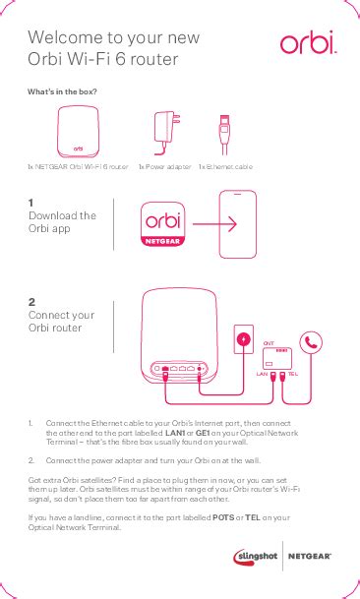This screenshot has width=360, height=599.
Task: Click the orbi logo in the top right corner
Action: point(308,43)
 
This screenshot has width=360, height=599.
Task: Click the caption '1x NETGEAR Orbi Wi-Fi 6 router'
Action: point(78,167)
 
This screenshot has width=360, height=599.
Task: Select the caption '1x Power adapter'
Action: point(164,167)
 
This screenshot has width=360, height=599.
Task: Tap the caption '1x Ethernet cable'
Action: point(225,167)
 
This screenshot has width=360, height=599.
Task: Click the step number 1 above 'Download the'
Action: point(31,202)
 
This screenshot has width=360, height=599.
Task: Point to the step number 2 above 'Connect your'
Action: point(32,301)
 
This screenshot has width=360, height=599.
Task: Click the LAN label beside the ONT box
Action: point(262,375)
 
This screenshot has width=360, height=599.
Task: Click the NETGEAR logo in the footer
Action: point(309,557)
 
